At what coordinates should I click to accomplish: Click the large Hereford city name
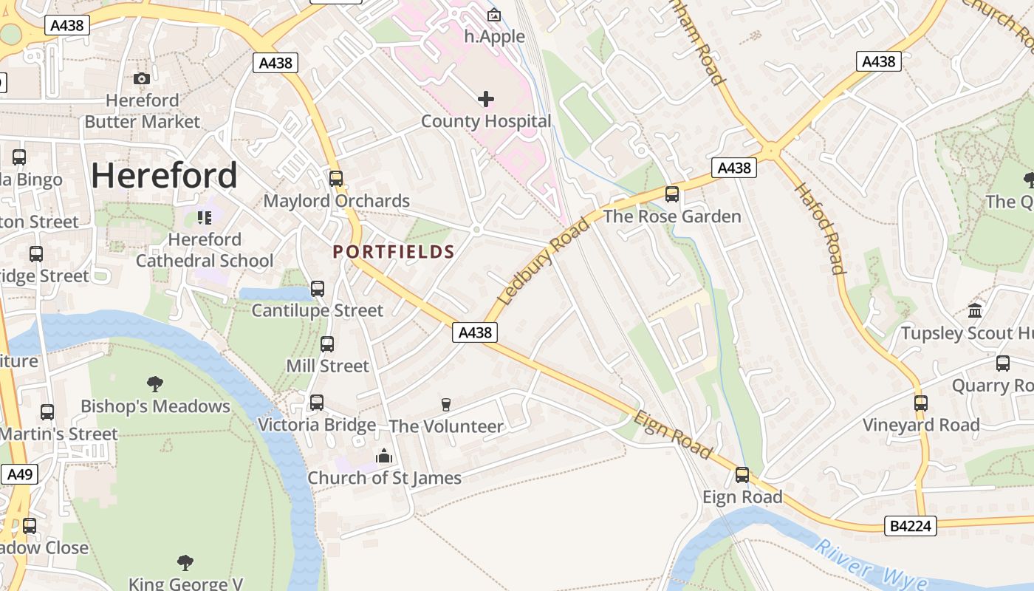click(164, 176)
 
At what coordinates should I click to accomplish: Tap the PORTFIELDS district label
click(394, 252)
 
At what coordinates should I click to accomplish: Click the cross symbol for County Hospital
click(486, 99)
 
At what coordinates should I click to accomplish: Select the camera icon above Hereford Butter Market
click(142, 78)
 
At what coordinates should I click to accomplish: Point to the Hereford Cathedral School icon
click(205, 218)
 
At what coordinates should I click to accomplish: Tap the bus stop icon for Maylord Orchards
click(336, 179)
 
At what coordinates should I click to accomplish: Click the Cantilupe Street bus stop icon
click(318, 289)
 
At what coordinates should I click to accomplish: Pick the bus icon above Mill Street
click(327, 344)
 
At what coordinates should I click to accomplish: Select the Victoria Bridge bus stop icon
click(317, 403)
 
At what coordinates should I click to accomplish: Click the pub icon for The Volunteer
click(445, 404)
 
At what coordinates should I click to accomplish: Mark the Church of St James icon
click(383, 457)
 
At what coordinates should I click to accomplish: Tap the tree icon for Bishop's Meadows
click(155, 384)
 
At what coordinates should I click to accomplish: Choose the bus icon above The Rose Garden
click(672, 194)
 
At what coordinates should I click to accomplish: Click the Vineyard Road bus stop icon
click(921, 403)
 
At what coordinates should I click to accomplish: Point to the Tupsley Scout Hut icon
click(975, 311)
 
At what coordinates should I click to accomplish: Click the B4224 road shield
click(910, 526)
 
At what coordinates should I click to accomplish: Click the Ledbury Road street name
click(544, 262)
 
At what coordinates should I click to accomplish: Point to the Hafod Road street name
click(819, 228)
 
